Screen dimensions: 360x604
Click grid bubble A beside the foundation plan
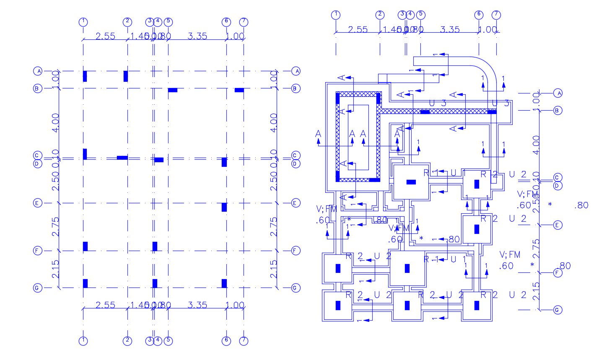click(557, 93)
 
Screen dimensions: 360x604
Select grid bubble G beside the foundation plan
click(557, 310)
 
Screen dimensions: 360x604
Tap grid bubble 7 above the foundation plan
click(496, 15)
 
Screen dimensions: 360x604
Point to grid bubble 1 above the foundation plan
click(335, 15)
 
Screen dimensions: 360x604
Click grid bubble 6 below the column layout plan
click(226, 340)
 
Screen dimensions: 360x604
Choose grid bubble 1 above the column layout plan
click(83, 21)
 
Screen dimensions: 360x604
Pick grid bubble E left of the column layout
click(37, 203)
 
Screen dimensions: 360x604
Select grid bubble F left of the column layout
click(37, 251)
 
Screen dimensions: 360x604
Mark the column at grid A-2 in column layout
click(126, 76)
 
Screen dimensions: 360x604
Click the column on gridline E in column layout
click(224, 207)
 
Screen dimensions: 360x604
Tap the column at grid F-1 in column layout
click(85, 246)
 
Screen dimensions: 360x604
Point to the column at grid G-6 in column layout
click(224, 283)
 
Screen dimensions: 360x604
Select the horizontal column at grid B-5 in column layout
click(173, 90)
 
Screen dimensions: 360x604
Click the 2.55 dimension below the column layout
click(105, 305)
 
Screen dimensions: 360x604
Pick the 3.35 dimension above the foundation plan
click(450, 29)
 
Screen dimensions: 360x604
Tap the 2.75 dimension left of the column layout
click(55, 227)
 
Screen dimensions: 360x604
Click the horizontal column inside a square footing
click(411, 182)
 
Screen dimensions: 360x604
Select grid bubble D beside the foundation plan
click(557, 186)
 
